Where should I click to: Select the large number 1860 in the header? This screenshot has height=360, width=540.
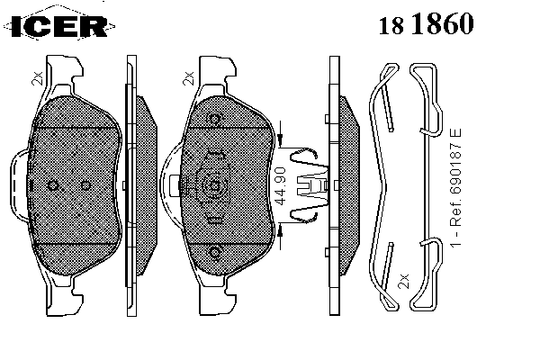pyautogui.click(x=443, y=23)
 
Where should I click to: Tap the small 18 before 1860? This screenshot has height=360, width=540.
pyautogui.click(x=391, y=25)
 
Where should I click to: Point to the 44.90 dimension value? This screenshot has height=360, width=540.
pyautogui.click(x=281, y=186)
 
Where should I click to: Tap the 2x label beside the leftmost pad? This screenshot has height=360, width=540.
pyautogui.click(x=37, y=78)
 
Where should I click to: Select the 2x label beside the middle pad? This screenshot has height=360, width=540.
pyautogui.click(x=189, y=78)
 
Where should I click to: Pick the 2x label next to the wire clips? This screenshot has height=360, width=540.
pyautogui.click(x=403, y=281)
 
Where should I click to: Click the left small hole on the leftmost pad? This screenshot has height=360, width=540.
pyautogui.click(x=53, y=185)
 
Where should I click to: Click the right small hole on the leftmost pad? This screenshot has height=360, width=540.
pyautogui.click(x=85, y=185)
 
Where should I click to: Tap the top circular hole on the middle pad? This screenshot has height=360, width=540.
pyautogui.click(x=215, y=119)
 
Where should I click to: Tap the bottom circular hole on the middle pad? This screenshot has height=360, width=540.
pyautogui.click(x=215, y=253)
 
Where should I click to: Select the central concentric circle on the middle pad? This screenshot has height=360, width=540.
pyautogui.click(x=214, y=186)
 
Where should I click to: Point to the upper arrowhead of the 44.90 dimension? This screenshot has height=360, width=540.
pyautogui.click(x=280, y=139)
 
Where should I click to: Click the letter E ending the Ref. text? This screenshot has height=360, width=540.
pyautogui.click(x=455, y=133)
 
